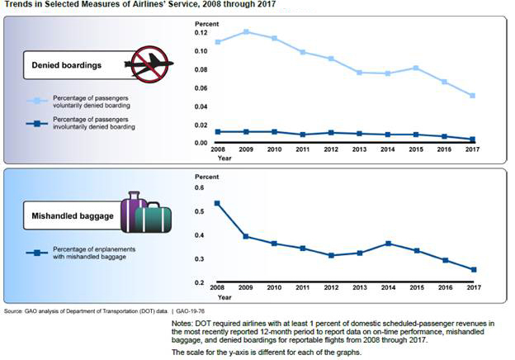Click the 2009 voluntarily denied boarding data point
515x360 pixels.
point(247,32)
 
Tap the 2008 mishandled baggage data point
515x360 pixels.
point(218,203)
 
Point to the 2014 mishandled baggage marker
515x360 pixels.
point(389,244)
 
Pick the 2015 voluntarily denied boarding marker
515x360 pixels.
point(417,68)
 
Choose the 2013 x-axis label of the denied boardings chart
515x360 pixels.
point(360,150)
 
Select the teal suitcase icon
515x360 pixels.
point(154,218)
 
